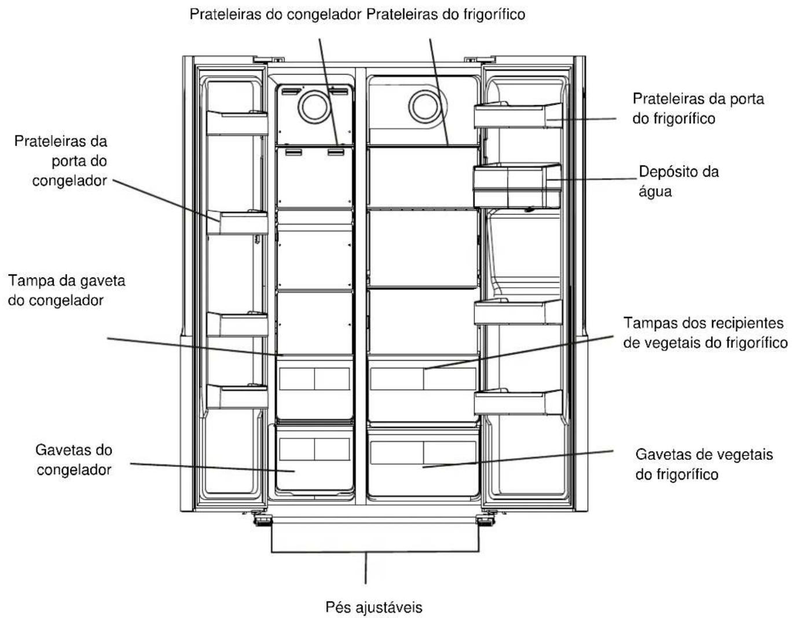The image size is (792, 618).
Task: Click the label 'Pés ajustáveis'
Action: click(x=373, y=608)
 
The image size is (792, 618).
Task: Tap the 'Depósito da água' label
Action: click(x=679, y=181)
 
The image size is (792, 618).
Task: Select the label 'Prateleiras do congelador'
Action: click(x=276, y=14)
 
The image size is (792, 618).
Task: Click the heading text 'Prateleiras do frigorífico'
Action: click(x=446, y=14)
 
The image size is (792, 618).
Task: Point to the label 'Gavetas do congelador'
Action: click(x=74, y=460)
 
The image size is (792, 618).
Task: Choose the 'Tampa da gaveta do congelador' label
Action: click(x=67, y=291)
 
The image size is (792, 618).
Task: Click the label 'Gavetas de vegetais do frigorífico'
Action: click(x=704, y=464)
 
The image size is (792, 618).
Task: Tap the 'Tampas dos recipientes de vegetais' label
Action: click(x=705, y=333)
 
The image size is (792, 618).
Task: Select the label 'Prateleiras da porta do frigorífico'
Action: click(x=698, y=109)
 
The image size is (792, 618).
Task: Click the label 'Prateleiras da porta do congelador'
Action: click(x=61, y=161)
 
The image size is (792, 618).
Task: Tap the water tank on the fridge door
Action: click(x=517, y=186)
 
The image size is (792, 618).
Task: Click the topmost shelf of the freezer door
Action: click(x=237, y=123)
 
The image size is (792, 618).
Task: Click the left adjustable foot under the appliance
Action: click(x=262, y=520)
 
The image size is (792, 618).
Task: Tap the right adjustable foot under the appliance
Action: click(x=486, y=520)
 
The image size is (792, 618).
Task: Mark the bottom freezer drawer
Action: click(x=314, y=459)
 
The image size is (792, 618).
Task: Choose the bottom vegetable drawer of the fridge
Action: click(x=423, y=462)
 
